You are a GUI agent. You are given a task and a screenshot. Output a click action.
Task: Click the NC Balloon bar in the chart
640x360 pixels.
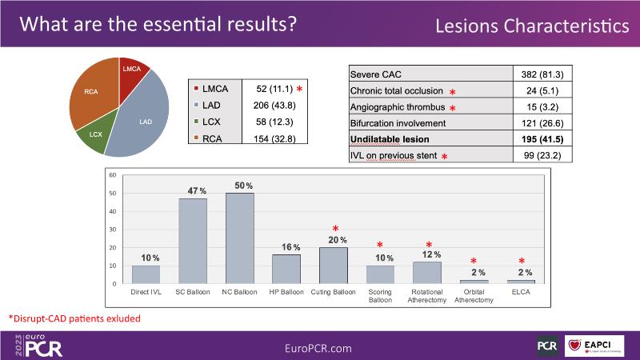(240, 238)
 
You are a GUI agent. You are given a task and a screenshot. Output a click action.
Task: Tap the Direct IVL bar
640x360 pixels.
(146, 274)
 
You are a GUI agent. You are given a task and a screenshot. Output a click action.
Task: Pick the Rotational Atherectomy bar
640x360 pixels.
(427, 273)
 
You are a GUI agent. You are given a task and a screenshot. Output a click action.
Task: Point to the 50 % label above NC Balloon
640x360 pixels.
(240, 186)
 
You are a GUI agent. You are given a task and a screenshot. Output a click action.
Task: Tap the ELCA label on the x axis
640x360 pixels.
(522, 293)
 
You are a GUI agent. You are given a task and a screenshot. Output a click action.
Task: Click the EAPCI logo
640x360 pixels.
(600, 345)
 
